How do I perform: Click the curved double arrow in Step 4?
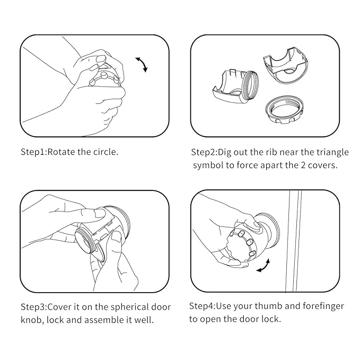pos(264,266)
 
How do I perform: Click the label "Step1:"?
pos(34,153)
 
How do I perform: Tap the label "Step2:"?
pos(204,153)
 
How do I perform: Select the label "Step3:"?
pos(34,308)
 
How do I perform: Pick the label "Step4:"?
pos(203,306)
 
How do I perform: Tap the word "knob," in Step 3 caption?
pos(32,320)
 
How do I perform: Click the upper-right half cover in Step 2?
pos(286,65)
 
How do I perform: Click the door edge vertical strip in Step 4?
pos(294,241)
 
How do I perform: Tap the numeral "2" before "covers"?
pos(303,165)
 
